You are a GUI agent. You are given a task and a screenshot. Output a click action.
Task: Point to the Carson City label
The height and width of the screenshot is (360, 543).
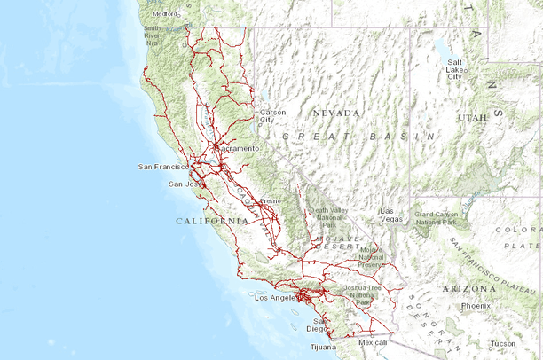pyautogui.click(x=272, y=116)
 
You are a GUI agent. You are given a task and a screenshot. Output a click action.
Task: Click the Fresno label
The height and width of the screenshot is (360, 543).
pyautogui.click(x=269, y=201)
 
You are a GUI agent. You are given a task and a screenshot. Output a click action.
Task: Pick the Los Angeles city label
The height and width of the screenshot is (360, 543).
pyautogui.click(x=277, y=299)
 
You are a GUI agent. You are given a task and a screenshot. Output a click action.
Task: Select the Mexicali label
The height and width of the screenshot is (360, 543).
pyautogui.click(x=373, y=341)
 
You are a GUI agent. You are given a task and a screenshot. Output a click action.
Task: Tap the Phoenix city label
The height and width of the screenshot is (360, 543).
pyautogui.click(x=476, y=306)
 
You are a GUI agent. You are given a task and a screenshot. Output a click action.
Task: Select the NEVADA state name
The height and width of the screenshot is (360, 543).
pyautogui.click(x=336, y=113)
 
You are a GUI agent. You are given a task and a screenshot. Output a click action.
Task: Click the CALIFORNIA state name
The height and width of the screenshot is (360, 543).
pyautogui.click(x=212, y=220)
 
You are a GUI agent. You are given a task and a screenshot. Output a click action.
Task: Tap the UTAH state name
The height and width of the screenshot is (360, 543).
pyautogui.click(x=472, y=117)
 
